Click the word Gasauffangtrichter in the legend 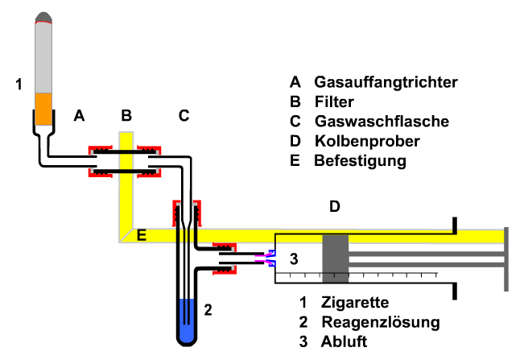[386, 83]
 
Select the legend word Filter [334, 102]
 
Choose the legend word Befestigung [360, 161]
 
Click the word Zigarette [354, 304]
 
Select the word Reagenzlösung [381, 323]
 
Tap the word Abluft [344, 341]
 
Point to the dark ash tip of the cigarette [43, 17]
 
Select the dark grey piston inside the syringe [335, 259]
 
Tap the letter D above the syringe [334, 208]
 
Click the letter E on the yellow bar [142, 235]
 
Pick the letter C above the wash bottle [184, 116]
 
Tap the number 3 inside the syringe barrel [294, 259]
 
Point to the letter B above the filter [126, 116]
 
